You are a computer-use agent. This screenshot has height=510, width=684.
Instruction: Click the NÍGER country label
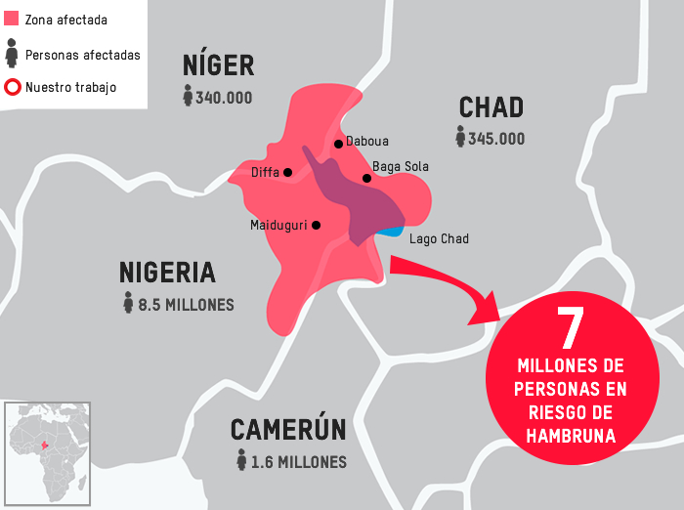(x=218, y=65)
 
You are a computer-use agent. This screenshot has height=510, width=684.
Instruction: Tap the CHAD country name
(x=492, y=107)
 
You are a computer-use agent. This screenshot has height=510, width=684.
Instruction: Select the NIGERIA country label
(x=167, y=273)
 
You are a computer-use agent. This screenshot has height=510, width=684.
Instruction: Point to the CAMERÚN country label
(x=288, y=430)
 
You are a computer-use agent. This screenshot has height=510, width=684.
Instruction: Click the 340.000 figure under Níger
(x=224, y=98)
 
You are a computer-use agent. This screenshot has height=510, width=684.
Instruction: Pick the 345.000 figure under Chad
(x=496, y=139)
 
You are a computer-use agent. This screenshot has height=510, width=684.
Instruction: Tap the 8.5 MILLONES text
(x=186, y=305)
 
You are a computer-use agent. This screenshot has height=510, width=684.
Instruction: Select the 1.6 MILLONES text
(x=298, y=462)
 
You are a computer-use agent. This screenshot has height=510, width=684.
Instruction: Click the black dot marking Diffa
(x=287, y=173)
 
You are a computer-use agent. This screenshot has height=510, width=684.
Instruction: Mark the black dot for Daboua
(x=338, y=144)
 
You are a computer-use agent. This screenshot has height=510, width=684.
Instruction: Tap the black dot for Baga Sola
(x=366, y=178)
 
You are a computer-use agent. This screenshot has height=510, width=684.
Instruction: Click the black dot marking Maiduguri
(x=316, y=225)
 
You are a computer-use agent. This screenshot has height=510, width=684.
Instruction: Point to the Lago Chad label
(x=439, y=239)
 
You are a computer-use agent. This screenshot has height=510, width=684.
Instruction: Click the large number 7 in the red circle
(x=570, y=328)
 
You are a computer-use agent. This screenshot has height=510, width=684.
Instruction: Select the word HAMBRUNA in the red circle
(x=571, y=437)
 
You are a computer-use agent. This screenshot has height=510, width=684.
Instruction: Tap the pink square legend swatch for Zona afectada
(x=13, y=19)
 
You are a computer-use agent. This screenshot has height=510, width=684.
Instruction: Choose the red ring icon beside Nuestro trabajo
(x=13, y=87)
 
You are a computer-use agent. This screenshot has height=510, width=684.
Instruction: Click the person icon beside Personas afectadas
(x=13, y=53)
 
